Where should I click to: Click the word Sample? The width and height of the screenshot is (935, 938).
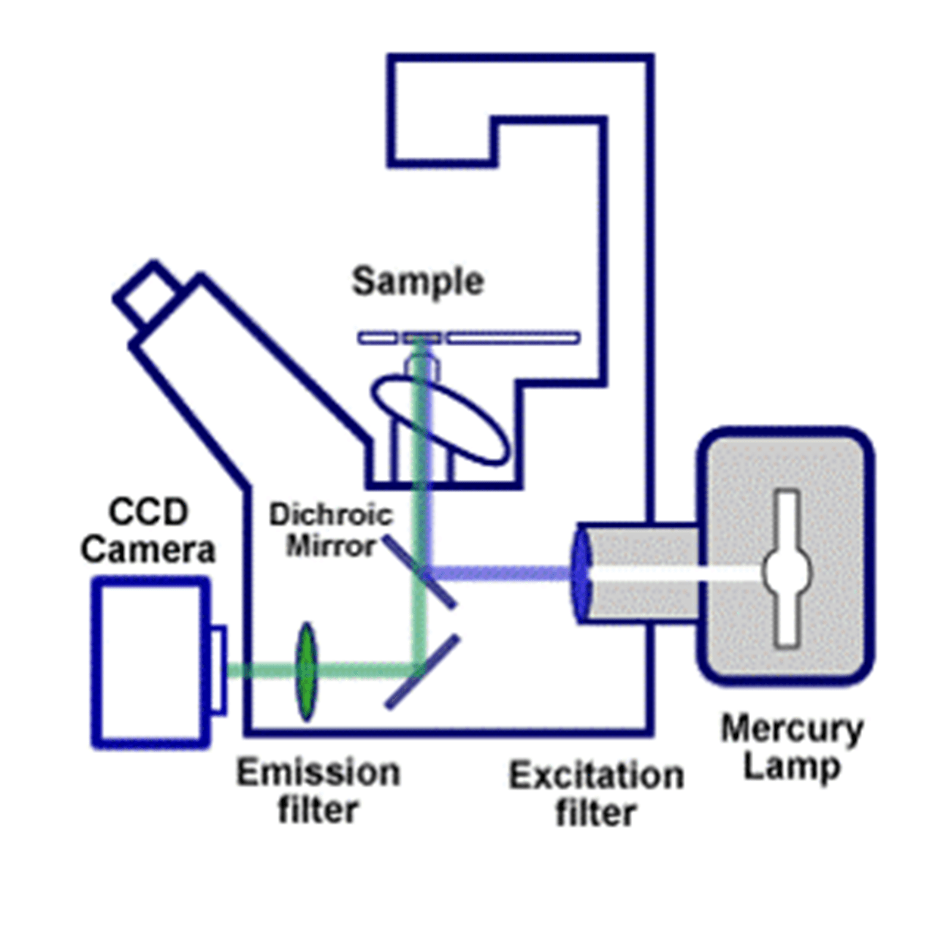point(418,282)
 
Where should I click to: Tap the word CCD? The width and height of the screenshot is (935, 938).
point(148,512)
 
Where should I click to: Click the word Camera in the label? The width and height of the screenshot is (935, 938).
point(148,549)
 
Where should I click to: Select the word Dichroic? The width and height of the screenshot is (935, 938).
point(331,515)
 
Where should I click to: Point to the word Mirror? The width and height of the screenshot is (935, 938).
point(331,546)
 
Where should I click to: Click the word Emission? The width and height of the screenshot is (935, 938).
point(318,773)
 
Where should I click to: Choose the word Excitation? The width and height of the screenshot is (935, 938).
point(596,776)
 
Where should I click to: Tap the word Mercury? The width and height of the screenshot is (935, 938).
point(792,729)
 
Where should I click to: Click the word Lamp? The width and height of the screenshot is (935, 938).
point(792,767)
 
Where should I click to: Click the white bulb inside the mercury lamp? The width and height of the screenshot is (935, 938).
point(786,570)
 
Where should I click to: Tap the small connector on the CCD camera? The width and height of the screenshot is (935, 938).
point(218,669)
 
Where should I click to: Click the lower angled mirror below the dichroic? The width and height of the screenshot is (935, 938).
point(422,672)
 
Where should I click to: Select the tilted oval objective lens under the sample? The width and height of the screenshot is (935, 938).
point(440,420)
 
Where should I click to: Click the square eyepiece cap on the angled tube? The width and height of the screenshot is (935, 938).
point(146,292)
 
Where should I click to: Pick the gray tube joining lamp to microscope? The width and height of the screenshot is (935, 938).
point(643,573)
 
